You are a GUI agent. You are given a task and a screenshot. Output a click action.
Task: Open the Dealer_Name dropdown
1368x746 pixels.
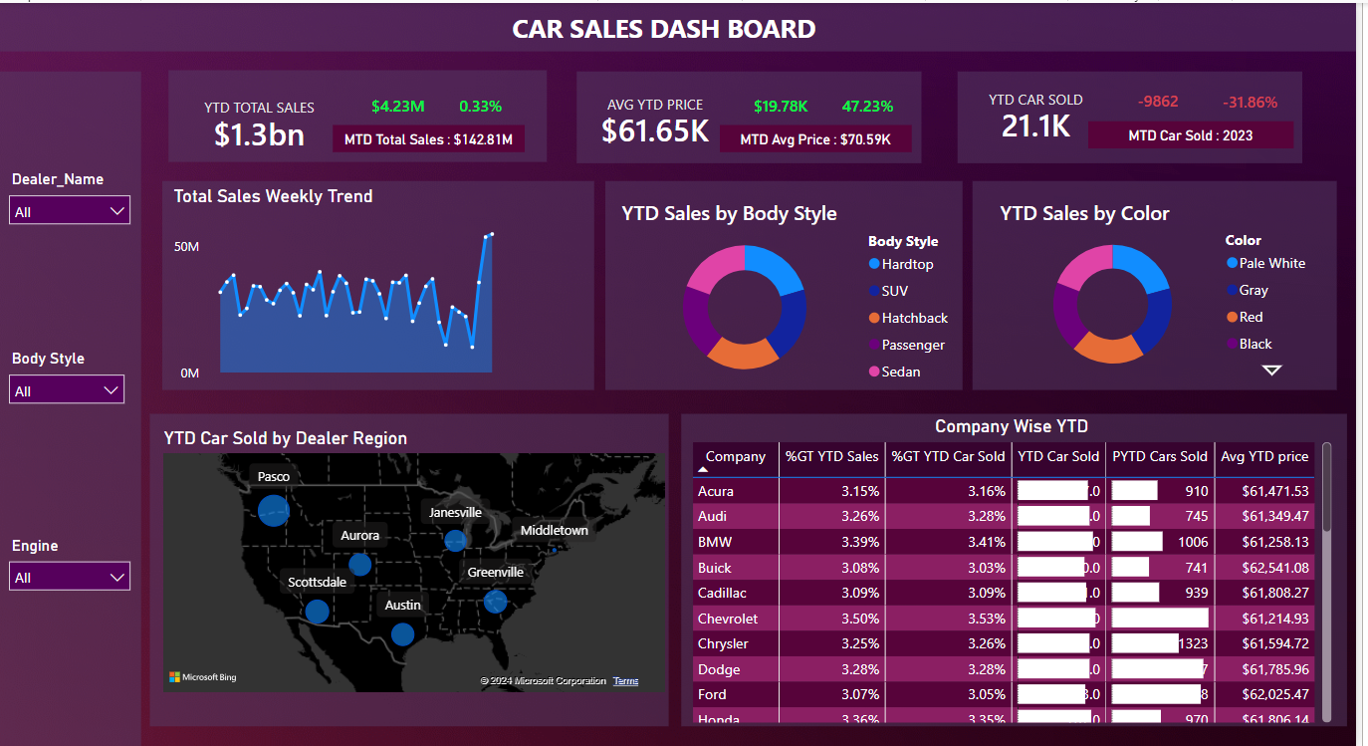[x=69, y=211]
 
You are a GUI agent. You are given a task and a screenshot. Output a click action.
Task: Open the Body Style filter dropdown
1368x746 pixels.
[x=67, y=390]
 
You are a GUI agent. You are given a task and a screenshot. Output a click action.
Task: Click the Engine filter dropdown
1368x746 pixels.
[x=69, y=577]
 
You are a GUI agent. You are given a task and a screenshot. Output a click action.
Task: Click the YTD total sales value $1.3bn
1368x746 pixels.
[x=259, y=133]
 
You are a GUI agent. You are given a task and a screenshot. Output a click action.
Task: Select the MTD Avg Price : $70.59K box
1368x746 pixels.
[x=814, y=139]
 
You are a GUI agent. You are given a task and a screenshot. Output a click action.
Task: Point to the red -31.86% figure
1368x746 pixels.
[x=1250, y=102]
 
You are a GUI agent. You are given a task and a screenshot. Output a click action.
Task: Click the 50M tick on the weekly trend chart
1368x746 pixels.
[x=186, y=246]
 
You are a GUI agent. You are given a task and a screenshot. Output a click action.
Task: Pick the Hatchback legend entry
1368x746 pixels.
[x=914, y=318]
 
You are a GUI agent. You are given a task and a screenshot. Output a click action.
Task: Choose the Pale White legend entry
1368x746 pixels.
[x=1271, y=263]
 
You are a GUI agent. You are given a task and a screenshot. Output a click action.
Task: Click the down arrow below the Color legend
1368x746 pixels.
[x=1271, y=370]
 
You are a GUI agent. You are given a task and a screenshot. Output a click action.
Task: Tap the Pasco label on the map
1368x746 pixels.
[x=273, y=476]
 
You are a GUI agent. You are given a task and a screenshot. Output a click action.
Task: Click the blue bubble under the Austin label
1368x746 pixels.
[x=402, y=633]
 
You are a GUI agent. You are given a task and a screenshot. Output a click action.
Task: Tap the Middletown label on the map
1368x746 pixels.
[x=554, y=530]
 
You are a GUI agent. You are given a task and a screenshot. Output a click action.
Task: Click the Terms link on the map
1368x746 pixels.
[x=625, y=681]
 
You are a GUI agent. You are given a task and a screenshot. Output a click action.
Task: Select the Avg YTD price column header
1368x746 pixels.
[x=1263, y=456]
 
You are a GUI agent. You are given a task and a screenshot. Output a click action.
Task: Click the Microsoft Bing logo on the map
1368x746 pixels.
[x=203, y=677]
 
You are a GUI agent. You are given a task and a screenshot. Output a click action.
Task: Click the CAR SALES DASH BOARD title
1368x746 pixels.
[x=663, y=29]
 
